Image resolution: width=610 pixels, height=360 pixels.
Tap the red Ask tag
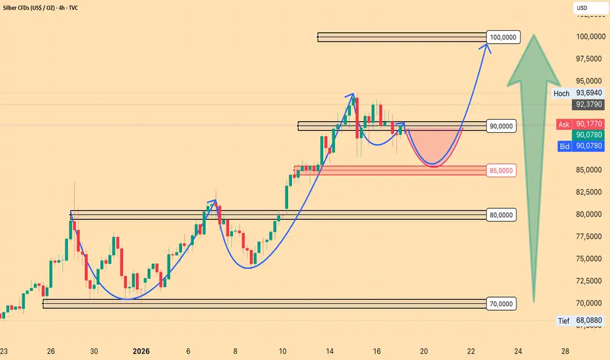pos(564,124)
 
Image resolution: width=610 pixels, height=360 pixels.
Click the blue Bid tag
pos(564,147)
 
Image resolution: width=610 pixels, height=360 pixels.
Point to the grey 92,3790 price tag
pos(588,104)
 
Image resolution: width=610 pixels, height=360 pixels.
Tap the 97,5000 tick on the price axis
pos(588,59)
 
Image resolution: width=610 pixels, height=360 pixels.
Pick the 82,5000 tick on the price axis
pos(588,192)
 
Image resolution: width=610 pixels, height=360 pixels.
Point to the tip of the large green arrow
pos(535,35)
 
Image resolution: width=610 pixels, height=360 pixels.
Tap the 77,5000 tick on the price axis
pos(588,237)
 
